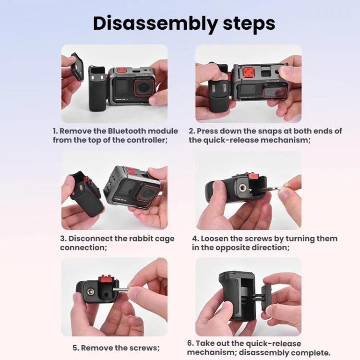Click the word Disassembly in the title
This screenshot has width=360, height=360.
156,24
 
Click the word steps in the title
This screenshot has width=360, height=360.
249,23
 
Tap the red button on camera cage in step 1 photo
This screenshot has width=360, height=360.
121,70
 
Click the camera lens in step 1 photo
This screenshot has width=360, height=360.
143,88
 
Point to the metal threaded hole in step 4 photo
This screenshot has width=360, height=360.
242,188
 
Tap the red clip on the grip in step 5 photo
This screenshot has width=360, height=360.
106,281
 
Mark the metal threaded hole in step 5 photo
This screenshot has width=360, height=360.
91,292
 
